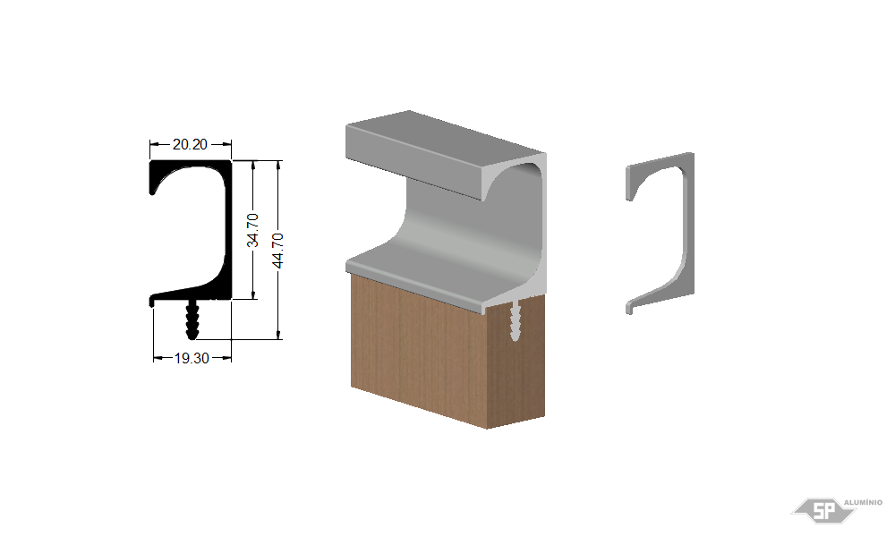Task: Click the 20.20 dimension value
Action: tap(190, 144)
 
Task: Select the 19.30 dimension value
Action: tap(192, 358)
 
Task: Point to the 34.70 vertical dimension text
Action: tap(252, 231)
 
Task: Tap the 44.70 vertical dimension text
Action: tap(277, 250)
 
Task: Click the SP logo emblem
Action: tap(824, 509)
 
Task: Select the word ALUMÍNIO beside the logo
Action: tap(863, 502)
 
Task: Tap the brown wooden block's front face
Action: tap(419, 351)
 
